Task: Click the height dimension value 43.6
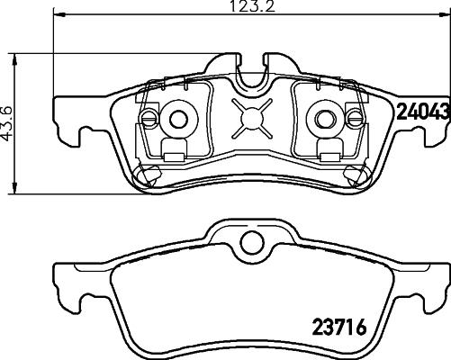point(7,123)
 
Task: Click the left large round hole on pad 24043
point(178,117)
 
